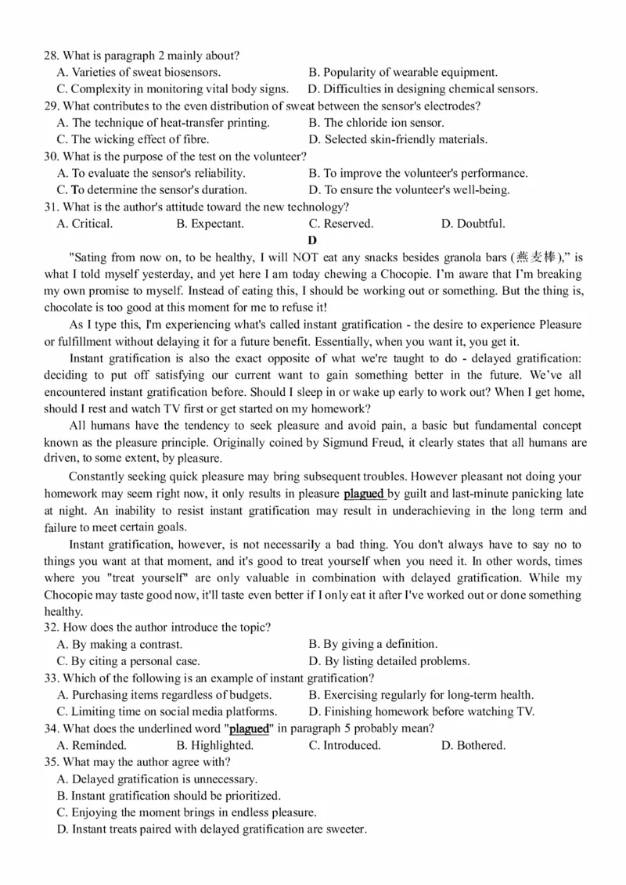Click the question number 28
(x=51, y=56)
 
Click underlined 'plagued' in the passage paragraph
(x=364, y=494)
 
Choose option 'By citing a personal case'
(x=128, y=661)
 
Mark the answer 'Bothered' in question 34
(x=473, y=746)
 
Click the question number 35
(x=51, y=762)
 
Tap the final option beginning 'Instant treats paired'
(x=212, y=829)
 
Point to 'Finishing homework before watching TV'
(x=422, y=712)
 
